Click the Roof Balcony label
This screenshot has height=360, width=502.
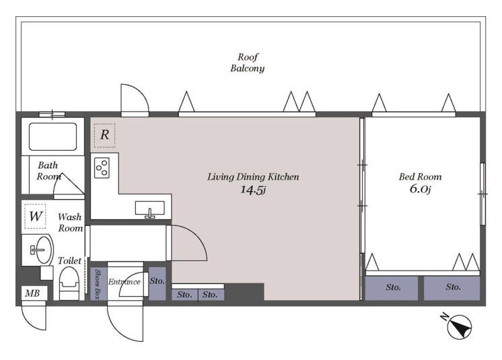248,63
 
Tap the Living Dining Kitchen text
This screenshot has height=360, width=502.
253,177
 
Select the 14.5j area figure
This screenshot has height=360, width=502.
253,190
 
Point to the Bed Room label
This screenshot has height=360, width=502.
420,177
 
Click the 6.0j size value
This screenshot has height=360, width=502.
420,189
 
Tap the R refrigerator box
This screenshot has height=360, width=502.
105,135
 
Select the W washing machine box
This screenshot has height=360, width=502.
35,216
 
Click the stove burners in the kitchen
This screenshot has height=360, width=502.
102,168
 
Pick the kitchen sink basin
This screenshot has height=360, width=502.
150,208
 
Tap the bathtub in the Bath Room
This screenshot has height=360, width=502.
53,137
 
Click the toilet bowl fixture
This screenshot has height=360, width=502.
69,283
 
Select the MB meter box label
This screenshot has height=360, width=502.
32,293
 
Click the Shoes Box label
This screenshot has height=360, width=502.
98,284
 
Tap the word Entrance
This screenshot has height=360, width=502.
124,282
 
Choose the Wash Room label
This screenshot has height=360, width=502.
70,223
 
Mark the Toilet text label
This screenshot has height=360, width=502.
69,261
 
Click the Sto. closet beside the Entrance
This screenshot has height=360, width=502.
157,283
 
